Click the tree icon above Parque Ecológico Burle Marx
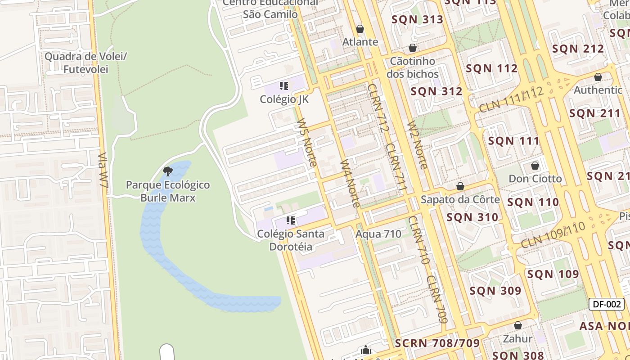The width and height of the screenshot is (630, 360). point(168,171)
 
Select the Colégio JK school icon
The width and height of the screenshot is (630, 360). point(283,85)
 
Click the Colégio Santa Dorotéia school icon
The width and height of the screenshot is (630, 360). point(291,220)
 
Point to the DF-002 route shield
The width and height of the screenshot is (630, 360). point(607,304)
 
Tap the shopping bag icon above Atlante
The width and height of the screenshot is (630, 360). point(360,29)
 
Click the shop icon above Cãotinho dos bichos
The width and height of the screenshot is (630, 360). point(413,48)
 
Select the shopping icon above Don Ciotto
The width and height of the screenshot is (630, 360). point(535,166)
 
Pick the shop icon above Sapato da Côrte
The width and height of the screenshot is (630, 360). point(460,186)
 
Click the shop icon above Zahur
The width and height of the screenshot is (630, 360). point(518,325)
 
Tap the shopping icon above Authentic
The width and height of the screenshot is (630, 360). point(598,77)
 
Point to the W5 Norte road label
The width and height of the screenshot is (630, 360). point(307,142)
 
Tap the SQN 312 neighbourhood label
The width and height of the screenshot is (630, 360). point(436,91)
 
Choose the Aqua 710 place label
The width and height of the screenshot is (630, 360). point(378,234)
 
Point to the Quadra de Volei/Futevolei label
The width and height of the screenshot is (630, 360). point(86,63)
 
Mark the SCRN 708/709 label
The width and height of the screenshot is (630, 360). point(437,343)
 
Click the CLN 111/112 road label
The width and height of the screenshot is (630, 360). point(511,100)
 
